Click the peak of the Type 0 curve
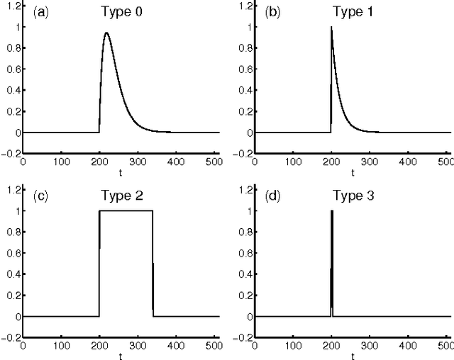106,33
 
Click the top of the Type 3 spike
331,211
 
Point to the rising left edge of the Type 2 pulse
99,262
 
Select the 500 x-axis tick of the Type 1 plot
447,161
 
